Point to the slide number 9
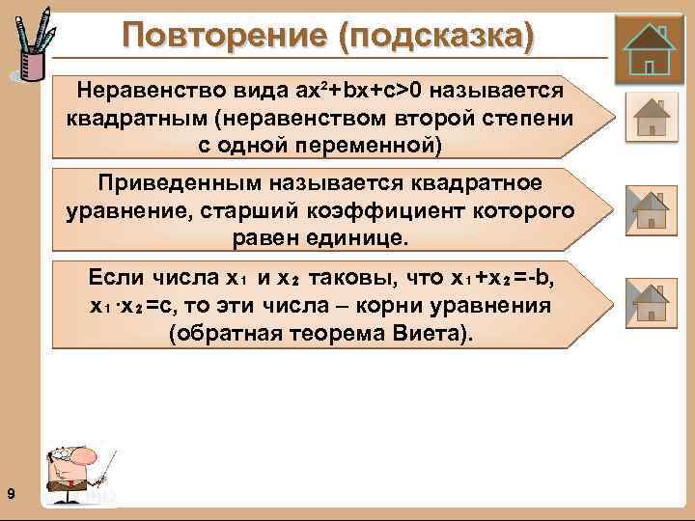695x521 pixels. pyautogui.click(x=10, y=495)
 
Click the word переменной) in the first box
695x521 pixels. pyautogui.click(x=379, y=145)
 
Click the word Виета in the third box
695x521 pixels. pyautogui.click(x=422, y=333)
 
